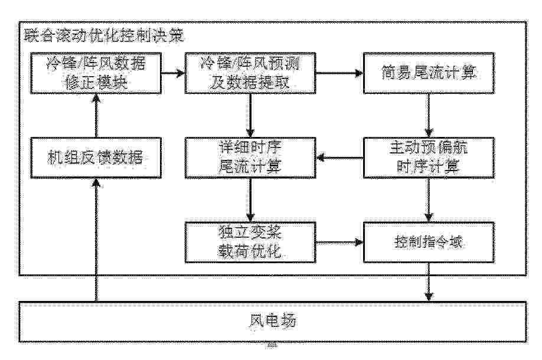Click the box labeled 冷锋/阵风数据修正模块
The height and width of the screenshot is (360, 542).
[96, 73]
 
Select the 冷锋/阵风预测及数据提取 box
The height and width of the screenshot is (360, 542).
[250, 73]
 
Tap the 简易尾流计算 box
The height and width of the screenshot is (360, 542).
[429, 73]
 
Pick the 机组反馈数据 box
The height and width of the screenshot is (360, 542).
[96, 158]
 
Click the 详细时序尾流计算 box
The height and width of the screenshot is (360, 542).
[250, 158]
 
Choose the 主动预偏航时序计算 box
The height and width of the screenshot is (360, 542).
[429, 158]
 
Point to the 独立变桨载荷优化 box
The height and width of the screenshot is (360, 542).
[250, 242]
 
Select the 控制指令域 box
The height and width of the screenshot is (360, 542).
[429, 242]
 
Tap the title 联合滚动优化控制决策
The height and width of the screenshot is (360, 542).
[104, 35]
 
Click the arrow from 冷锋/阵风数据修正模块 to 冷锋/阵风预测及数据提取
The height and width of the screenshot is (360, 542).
[173, 73]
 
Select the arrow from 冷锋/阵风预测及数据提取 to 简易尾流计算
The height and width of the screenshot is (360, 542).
[339, 73]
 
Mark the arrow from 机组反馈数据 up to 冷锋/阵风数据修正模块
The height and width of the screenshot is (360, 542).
[96, 116]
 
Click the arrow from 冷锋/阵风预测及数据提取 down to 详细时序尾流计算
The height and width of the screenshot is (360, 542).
[250, 116]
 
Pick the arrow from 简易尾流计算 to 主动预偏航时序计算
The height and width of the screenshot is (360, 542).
[429, 116]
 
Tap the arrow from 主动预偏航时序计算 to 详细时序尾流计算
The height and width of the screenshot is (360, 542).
[339, 158]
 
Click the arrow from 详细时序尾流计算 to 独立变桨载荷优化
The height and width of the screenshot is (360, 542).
[250, 200]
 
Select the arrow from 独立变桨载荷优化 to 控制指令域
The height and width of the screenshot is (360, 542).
[339, 242]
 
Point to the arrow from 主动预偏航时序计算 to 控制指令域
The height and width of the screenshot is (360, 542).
[429, 200]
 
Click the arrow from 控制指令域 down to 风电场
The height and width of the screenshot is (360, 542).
[429, 282]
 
